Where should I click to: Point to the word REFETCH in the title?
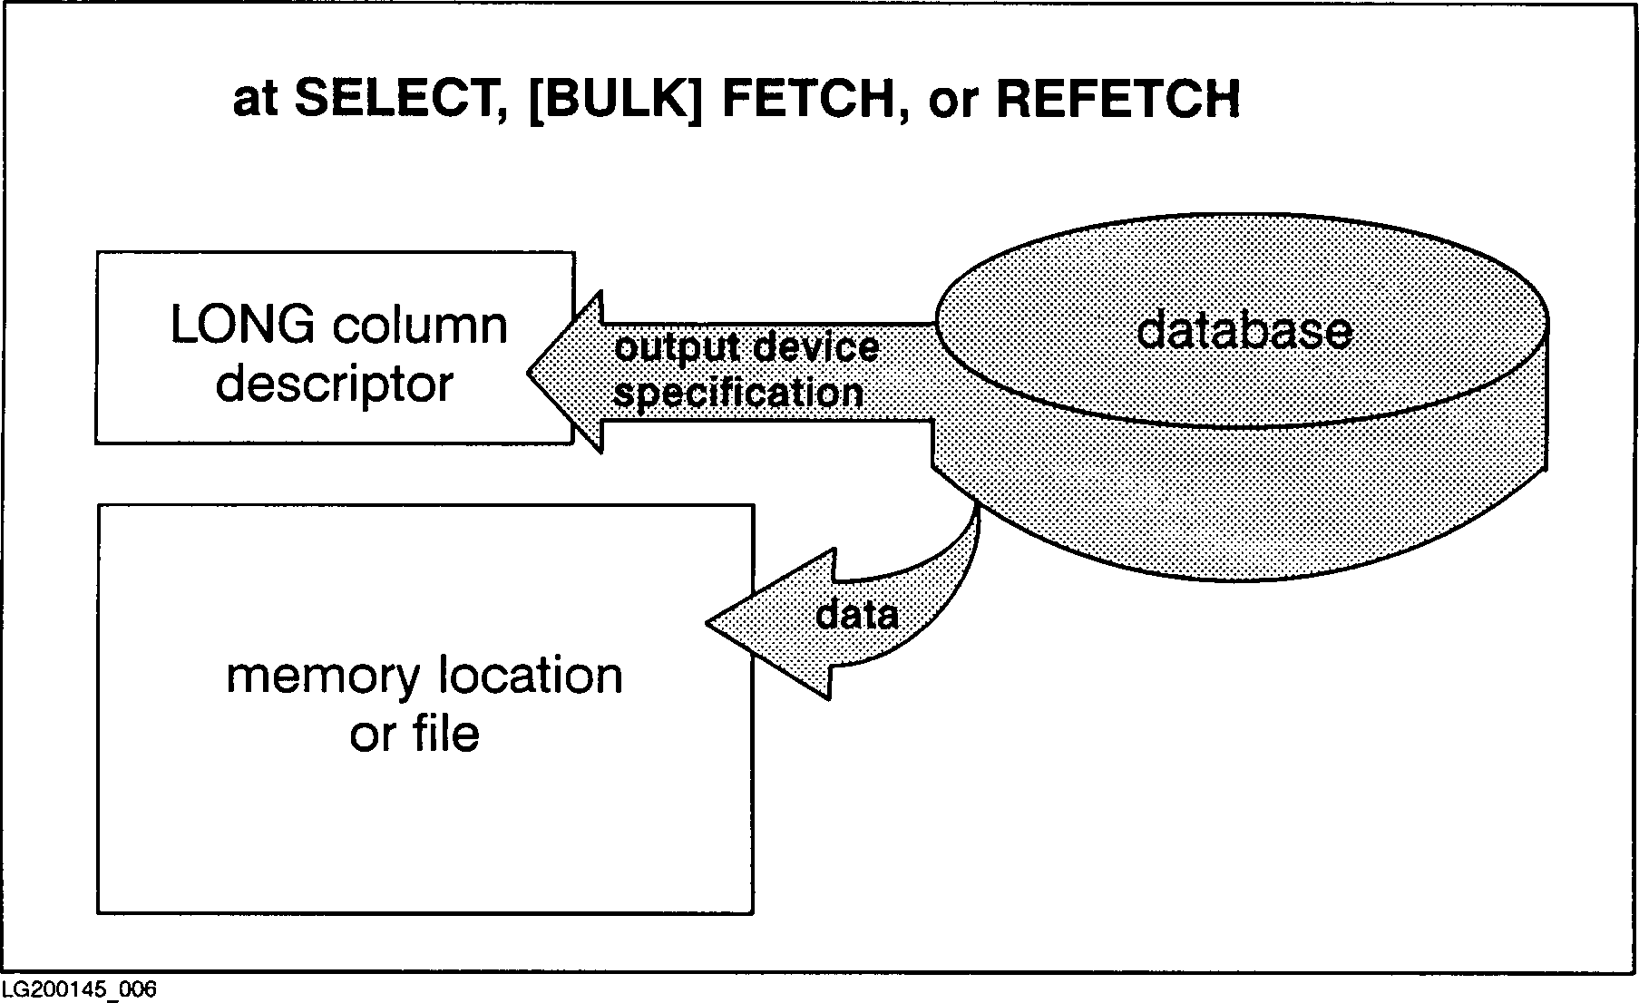pyautogui.click(x=1117, y=100)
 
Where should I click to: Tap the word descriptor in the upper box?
pyautogui.click(x=334, y=385)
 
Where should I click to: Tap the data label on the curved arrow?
pyautogui.click(x=857, y=616)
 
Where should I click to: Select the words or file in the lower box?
pyautogui.click(x=415, y=734)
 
